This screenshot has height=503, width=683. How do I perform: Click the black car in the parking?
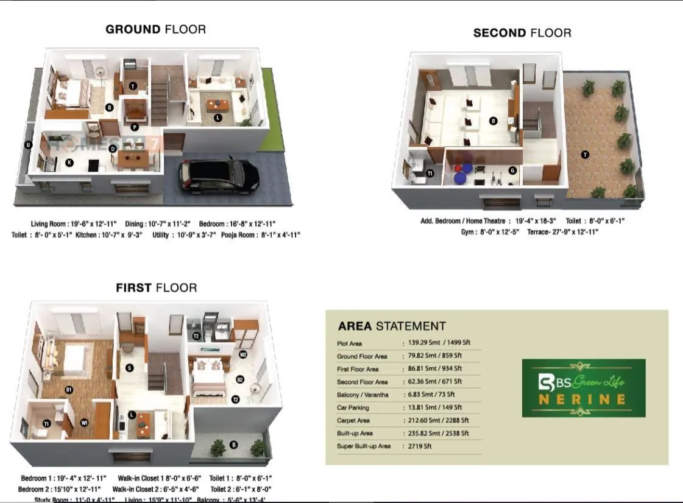[219, 174]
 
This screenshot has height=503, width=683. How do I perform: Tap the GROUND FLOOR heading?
[155, 29]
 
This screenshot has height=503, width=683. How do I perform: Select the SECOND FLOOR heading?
[522, 33]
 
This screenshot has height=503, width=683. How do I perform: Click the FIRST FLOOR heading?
[157, 287]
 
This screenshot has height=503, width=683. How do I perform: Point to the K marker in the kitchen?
[69, 163]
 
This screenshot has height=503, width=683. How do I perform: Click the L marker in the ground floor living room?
[218, 118]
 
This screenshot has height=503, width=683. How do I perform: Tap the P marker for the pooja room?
[134, 127]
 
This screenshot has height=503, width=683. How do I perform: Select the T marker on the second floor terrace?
[585, 155]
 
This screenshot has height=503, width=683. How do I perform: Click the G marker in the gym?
[512, 171]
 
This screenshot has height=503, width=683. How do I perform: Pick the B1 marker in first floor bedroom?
[69, 390]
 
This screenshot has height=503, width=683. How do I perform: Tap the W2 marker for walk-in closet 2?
[243, 354]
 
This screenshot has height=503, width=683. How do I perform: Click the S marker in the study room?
[130, 368]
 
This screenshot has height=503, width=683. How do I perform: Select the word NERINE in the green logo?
[583, 399]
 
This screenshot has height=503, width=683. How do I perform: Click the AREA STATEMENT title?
[392, 326]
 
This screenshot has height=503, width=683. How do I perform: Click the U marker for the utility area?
[27, 144]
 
